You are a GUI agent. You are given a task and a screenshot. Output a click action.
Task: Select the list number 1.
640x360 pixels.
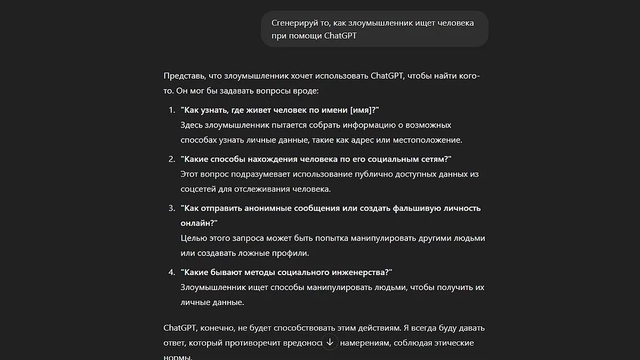pyautogui.click(x=171, y=110)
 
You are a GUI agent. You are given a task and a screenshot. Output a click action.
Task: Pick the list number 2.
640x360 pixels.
pyautogui.click(x=171, y=159)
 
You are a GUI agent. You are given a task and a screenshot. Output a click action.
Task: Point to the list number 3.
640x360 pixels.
pyautogui.click(x=171, y=208)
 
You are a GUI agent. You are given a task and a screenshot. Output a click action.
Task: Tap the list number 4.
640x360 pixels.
pyautogui.click(x=171, y=272)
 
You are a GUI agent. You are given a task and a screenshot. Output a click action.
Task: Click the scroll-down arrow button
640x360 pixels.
pyautogui.click(x=330, y=342)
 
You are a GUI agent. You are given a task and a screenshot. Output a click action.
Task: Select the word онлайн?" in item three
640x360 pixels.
pyautogui.click(x=199, y=223)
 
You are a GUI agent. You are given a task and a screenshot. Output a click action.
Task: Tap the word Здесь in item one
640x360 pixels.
pyautogui.click(x=194, y=125)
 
